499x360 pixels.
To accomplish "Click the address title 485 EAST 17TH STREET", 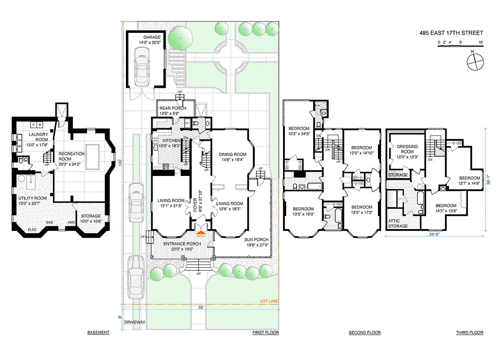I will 450,33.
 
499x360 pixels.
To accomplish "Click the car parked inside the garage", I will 142,68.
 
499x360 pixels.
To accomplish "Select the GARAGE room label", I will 152,37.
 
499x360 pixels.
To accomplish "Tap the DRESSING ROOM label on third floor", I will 407,149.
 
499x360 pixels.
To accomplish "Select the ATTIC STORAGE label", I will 398,223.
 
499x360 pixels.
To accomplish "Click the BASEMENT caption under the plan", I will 98,333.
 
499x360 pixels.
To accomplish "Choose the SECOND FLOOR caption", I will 364,333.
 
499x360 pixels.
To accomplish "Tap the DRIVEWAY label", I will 135,322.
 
